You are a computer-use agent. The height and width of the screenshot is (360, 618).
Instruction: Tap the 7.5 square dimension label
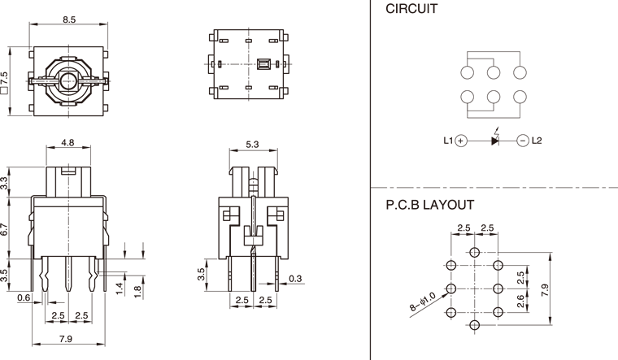[x=6, y=82]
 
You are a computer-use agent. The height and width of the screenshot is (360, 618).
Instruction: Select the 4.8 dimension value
[x=68, y=143]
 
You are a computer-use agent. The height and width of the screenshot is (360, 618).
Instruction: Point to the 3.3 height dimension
[x=6, y=184]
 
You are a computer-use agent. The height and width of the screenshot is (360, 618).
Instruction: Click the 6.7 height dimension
[x=6, y=229]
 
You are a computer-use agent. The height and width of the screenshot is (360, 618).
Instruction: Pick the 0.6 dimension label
[x=24, y=298]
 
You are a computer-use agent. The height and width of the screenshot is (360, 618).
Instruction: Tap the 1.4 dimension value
[x=118, y=287]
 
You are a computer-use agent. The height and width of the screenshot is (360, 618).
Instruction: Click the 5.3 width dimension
[x=253, y=145]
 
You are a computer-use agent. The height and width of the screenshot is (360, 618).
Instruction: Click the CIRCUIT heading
[x=411, y=11]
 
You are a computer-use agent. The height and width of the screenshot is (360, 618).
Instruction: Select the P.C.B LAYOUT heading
[x=429, y=206]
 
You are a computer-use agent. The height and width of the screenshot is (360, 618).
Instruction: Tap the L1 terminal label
[x=448, y=141]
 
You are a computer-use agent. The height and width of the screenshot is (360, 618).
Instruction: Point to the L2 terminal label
[x=536, y=141]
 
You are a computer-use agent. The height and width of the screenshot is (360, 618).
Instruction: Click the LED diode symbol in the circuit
[x=496, y=140]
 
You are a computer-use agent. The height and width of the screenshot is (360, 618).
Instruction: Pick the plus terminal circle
[x=461, y=141]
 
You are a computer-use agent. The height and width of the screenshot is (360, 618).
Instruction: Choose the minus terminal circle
[x=522, y=141]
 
